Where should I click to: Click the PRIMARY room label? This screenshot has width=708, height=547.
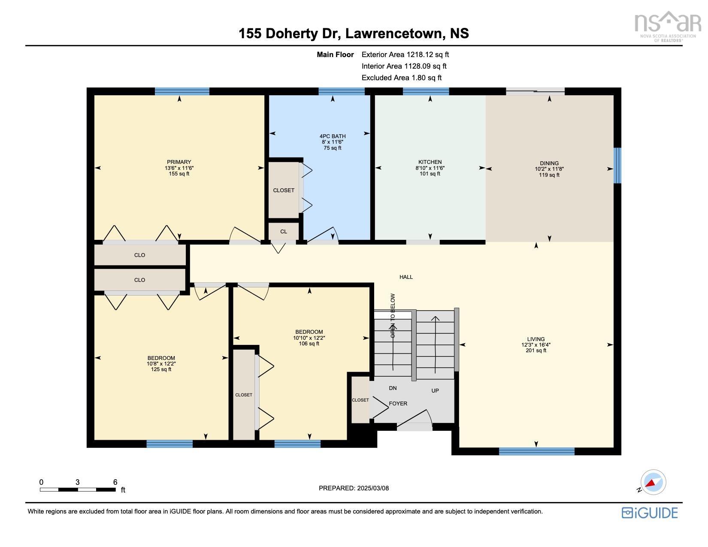coord(179,162)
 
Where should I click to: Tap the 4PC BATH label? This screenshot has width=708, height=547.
coord(333,136)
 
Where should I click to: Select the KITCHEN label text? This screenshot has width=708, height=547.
coord(430,162)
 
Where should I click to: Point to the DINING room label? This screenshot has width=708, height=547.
coord(549,163)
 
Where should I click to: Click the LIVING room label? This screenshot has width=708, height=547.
coord(536,339)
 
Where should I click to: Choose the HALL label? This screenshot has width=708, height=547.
coord(406,277)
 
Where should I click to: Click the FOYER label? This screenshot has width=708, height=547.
coord(398,404)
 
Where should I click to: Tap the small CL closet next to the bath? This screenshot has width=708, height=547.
coord(284,232)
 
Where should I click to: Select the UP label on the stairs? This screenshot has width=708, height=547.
coord(435,391)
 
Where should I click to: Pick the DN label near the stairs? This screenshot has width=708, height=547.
coord(393,388)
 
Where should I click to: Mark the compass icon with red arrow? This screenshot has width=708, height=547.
coord(653,482)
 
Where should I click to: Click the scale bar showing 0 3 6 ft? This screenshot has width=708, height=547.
coord(78,489)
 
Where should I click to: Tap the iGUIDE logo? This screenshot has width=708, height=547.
coord(650,513)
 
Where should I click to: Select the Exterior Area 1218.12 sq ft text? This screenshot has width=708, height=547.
coord(405,54)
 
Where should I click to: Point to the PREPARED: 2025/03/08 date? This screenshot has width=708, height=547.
coord(354,488)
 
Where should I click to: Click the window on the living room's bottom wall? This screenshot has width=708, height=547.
coord(536,451)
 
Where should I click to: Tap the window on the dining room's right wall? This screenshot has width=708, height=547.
coord(617,165)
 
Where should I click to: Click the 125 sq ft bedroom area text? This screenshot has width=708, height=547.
coord(161,369)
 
